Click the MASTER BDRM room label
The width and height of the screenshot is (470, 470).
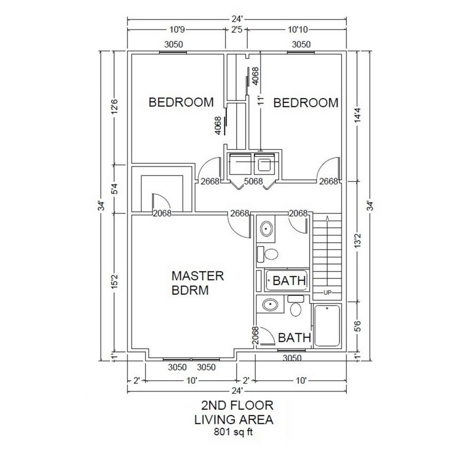(197, 283)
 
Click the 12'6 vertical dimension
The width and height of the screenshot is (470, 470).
(115, 106)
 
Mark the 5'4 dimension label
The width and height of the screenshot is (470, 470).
(115, 189)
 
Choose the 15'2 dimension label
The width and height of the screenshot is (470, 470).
(115, 282)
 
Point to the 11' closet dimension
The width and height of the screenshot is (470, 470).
(259, 101)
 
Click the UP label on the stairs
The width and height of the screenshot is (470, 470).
(327, 292)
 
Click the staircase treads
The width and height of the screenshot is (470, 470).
(327, 253)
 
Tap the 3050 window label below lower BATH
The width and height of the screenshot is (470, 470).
(292, 358)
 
